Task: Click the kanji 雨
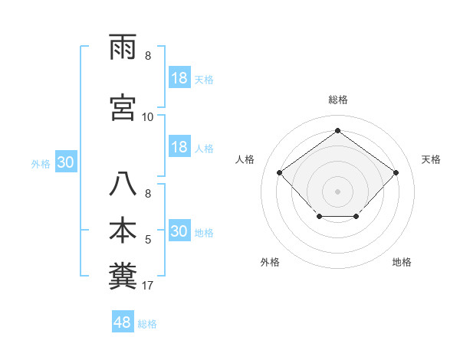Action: [125, 48]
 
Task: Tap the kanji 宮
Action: [125, 107]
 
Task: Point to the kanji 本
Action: [125, 230]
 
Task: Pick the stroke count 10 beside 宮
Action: [148, 117]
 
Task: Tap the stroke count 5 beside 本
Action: [148, 240]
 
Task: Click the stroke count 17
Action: [148, 286]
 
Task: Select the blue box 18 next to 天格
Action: [179, 77]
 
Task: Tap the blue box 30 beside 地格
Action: [179, 231]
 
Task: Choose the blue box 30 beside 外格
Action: [65, 162]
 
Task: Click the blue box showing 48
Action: [123, 322]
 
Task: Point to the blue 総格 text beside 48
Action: [147, 324]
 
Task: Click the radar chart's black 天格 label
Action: [431, 159]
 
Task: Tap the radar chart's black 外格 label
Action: [270, 263]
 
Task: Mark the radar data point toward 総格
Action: [337, 130]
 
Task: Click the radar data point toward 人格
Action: [279, 172]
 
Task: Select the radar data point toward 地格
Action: [356, 218]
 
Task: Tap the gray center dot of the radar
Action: [337, 191]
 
